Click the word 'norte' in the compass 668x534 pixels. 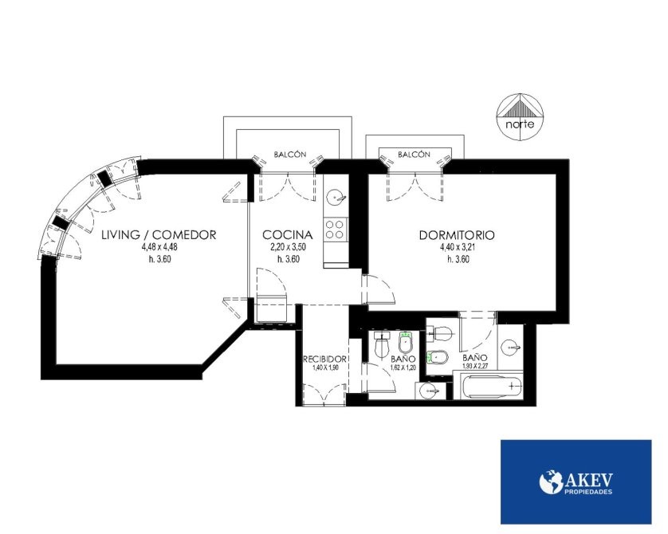click(520, 125)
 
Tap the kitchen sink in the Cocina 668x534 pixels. click(336, 198)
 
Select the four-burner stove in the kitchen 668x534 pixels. click(336, 229)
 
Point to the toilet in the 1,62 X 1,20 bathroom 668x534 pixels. click(382, 344)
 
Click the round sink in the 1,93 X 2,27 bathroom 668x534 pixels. click(510, 347)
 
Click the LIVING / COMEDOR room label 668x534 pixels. click(159, 234)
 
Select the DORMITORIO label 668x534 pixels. click(457, 235)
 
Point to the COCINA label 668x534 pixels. click(288, 234)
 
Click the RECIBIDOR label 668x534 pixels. click(324, 359)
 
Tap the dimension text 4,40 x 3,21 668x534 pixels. click(458, 247)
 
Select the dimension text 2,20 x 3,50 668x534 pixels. click(289, 247)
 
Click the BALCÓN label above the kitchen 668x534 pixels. click(289, 155)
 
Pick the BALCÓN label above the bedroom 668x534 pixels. click(414, 155)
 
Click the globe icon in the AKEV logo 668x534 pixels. click(552, 481)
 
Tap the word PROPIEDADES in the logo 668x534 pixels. click(588, 492)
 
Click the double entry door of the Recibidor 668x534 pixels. click(324, 395)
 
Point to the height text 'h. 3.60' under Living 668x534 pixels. click(159, 259)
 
